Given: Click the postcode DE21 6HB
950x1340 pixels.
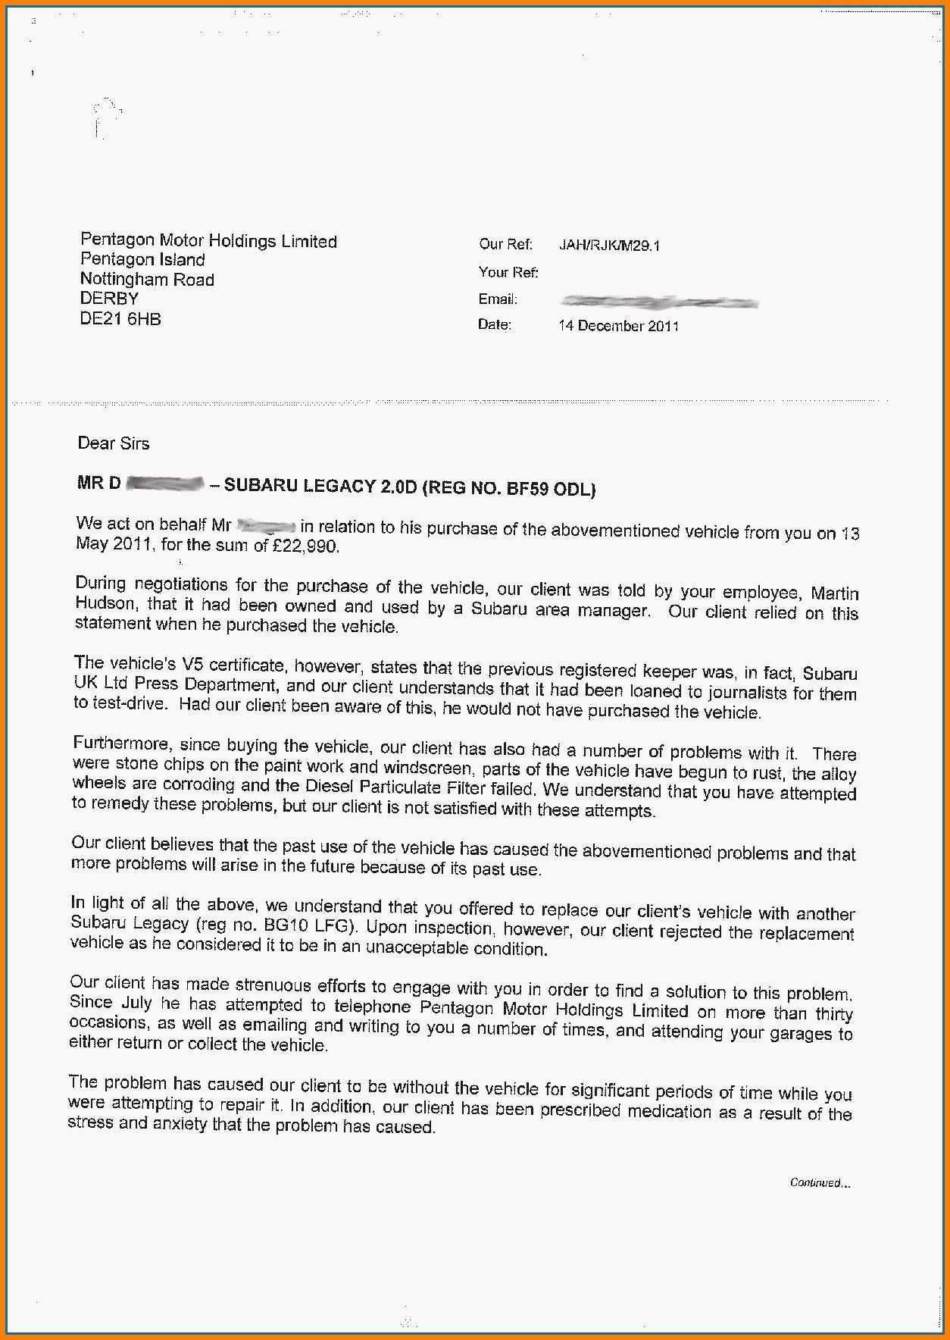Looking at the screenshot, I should (x=120, y=319).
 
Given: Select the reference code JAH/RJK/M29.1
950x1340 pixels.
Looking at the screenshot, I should (x=609, y=246).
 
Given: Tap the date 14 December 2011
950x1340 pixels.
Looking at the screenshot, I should (x=618, y=326).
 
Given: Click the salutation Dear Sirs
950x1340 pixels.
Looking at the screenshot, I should (x=114, y=443).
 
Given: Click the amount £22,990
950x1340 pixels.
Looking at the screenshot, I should (x=306, y=546).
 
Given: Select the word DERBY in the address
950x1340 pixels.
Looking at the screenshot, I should (x=109, y=299).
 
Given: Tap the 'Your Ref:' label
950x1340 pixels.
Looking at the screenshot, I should (x=508, y=272).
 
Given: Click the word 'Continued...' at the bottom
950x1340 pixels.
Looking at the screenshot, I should (x=820, y=1182).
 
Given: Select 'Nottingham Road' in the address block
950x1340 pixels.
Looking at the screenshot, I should (x=147, y=279).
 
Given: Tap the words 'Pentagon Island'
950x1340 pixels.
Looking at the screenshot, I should (x=142, y=260).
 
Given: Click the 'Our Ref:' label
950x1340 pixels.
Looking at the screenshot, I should (x=505, y=245).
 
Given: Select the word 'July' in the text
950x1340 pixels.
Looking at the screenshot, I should (x=136, y=1003).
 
